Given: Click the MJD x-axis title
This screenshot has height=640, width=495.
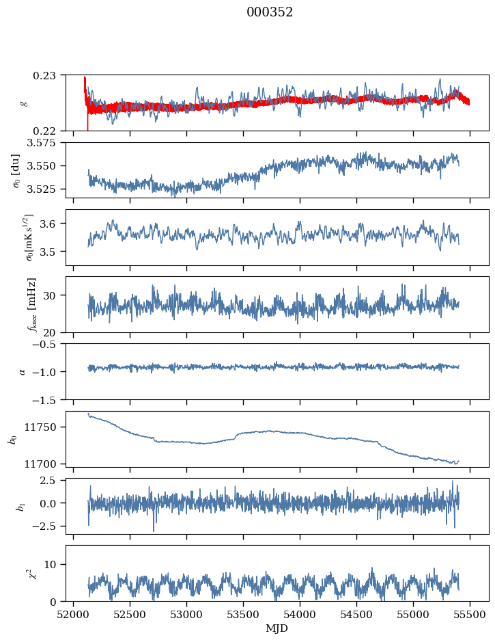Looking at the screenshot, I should [x=277, y=628].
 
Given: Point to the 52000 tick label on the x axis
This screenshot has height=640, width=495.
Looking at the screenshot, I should [x=74, y=614].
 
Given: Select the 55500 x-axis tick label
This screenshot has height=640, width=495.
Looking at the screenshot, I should [x=469, y=614].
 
